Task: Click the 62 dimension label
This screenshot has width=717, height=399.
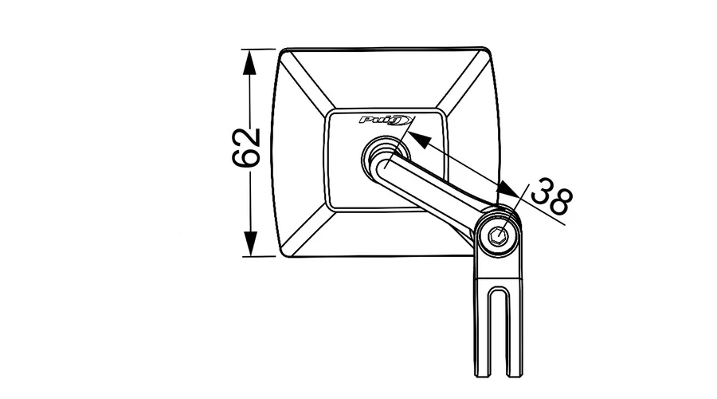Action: tap(246, 148)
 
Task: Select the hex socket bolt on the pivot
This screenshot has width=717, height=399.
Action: tap(498, 236)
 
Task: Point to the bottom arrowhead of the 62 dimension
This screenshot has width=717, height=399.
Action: tap(250, 243)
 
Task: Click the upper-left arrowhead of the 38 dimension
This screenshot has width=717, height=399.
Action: tap(418, 140)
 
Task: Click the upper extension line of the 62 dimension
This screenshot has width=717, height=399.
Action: tap(259, 49)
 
